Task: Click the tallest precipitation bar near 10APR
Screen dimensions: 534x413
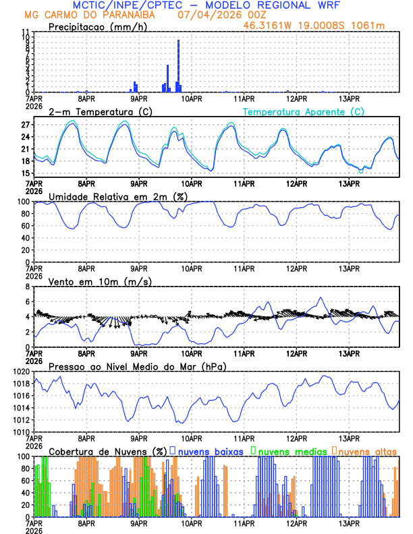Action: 178,66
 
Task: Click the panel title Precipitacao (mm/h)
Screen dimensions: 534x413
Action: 97,27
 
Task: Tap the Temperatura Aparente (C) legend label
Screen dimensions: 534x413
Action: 304,111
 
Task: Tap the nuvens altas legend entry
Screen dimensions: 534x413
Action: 367,450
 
